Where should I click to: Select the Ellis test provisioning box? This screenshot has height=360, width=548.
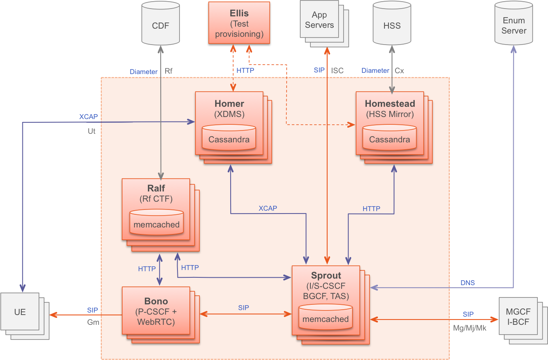[239, 23]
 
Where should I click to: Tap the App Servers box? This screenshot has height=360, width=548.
[319, 20]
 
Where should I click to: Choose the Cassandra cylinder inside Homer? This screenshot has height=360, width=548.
[229, 138]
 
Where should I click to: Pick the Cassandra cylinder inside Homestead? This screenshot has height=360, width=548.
[389, 138]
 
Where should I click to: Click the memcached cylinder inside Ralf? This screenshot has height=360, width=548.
[157, 223]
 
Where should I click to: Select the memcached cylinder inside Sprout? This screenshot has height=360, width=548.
[326, 318]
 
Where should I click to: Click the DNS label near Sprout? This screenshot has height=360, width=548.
[468, 283]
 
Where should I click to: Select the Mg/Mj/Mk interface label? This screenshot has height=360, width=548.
[470, 328]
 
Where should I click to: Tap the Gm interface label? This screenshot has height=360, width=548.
[93, 322]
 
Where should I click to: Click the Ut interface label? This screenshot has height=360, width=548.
[92, 131]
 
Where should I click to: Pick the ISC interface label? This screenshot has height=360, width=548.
[337, 71]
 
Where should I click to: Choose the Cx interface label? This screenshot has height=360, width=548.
[399, 71]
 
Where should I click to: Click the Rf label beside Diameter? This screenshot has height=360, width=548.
[168, 71]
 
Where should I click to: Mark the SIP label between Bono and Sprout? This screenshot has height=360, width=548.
[243, 308]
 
